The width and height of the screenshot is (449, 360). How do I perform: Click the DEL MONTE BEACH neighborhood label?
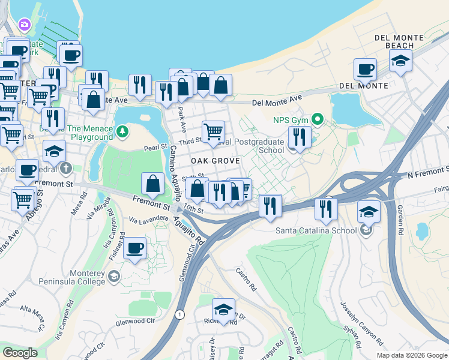click(394, 41)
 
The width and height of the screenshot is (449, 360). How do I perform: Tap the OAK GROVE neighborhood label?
click(215, 161)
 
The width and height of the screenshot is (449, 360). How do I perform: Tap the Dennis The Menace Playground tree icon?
click(122, 130)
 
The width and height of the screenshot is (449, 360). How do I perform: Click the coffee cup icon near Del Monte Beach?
click(364, 70)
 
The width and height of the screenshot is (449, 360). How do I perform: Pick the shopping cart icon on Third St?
click(213, 131)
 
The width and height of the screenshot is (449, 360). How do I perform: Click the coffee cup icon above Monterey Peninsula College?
click(134, 247)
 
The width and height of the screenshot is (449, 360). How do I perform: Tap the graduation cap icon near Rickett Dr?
click(223, 310)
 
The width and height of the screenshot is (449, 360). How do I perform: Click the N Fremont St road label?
click(427, 173)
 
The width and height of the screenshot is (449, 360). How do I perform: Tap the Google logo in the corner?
click(20, 353)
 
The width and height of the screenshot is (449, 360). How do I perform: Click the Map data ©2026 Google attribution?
click(411, 355)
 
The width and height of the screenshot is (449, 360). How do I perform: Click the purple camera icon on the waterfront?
click(25, 24)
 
